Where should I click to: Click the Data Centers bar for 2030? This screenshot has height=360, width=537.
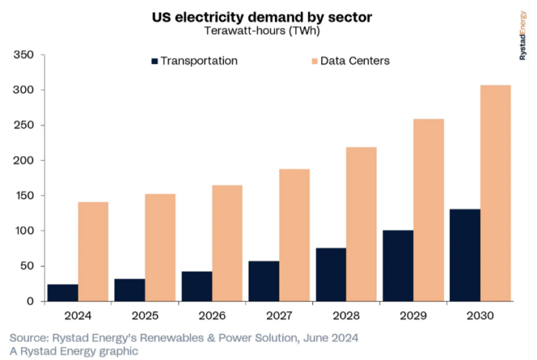tap(495, 193)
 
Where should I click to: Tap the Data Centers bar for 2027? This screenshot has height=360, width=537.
tap(294, 235)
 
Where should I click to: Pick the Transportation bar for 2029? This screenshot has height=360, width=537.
tap(398, 266)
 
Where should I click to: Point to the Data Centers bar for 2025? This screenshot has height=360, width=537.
tap(161, 247)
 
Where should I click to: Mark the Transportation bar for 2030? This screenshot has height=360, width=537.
tap(465, 255)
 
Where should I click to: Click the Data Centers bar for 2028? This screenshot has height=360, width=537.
tap(361, 224)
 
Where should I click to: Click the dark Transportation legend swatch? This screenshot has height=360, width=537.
tap(155, 61)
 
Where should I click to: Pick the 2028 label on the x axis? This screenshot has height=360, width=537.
tap(346, 315)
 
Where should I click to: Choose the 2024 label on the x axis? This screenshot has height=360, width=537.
tap(78, 315)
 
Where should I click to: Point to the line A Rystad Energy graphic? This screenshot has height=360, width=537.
tap(74, 351)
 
